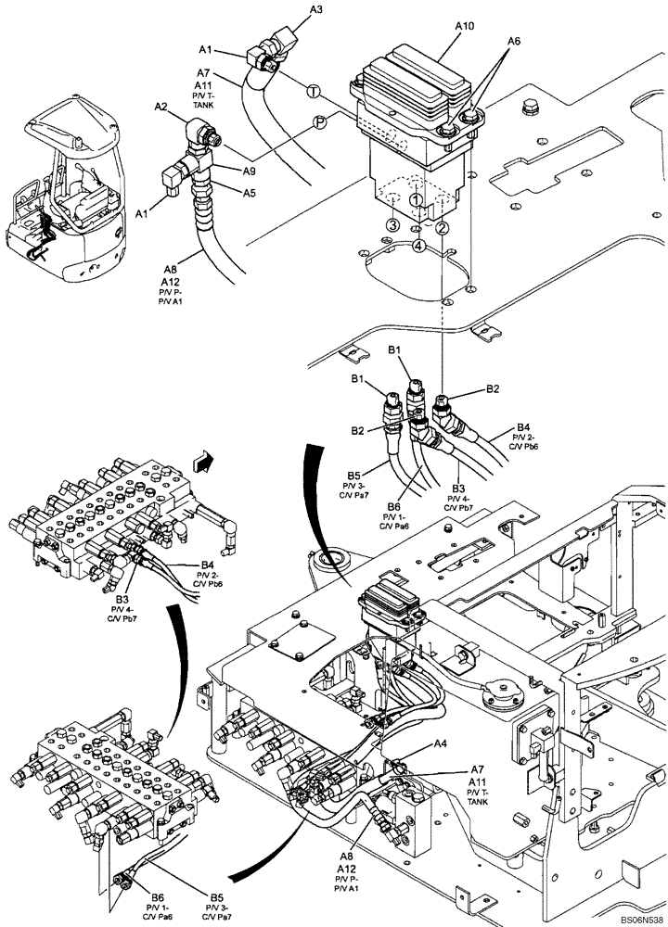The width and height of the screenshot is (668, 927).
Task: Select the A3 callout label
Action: tap(315, 10)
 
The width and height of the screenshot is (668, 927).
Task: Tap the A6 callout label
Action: tap(513, 43)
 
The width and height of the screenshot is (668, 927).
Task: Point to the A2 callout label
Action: tap(161, 108)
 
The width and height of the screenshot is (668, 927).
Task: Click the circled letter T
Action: tap(313, 90)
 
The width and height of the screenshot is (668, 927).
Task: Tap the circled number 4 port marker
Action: tap(418, 246)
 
